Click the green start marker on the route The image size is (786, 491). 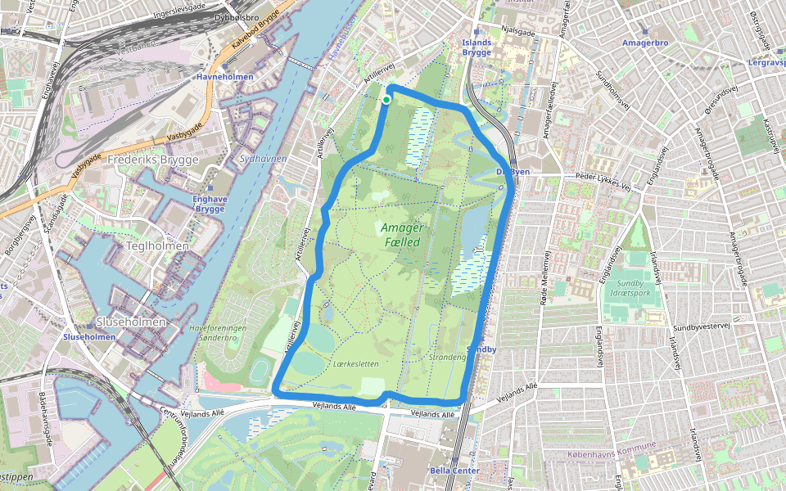click(386, 100)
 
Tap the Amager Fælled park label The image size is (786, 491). click(400, 235)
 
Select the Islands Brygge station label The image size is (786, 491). click(477, 47)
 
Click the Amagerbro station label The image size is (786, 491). click(646, 42)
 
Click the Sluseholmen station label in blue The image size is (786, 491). click(89, 336)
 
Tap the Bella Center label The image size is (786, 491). click(454, 471)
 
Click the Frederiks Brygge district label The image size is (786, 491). click(153, 160)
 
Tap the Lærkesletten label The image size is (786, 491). click(356, 363)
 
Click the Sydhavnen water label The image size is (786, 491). click(264, 157)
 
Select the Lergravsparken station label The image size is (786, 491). click(766, 61)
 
